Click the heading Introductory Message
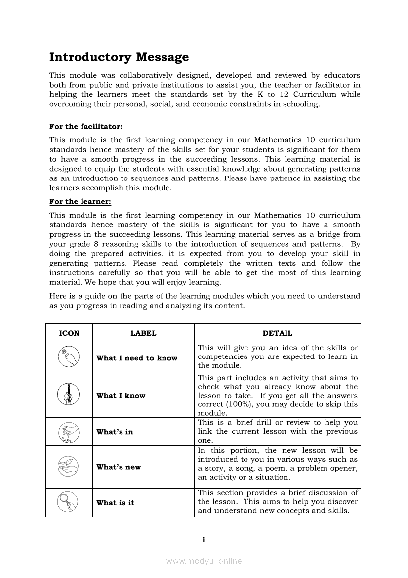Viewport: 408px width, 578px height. pyautogui.click(x=119, y=57)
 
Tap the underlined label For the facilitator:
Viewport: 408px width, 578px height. pyautogui.click(x=86, y=126)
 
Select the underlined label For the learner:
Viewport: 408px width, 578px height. pyautogui.click(x=81, y=201)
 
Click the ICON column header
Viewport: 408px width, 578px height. pyautogui.click(x=69, y=333)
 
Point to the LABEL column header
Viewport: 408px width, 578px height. pyautogui.click(x=143, y=333)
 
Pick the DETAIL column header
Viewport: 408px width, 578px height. pyautogui.click(x=277, y=333)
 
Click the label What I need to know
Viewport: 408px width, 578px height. pyautogui.click(x=137, y=358)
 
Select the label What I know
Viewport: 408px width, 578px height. pyautogui.click(x=121, y=396)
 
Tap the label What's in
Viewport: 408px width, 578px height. pyautogui.click(x=115, y=432)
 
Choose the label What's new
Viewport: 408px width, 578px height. pyautogui.click(x=119, y=467)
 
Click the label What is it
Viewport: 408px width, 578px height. pyautogui.click(x=115, y=503)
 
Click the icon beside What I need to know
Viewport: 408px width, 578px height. pyautogui.click(x=69, y=357)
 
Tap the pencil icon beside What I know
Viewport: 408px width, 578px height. pyautogui.click(x=69, y=395)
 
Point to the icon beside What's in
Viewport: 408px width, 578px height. pyautogui.click(x=69, y=432)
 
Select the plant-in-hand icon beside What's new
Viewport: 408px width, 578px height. pyautogui.click(x=69, y=467)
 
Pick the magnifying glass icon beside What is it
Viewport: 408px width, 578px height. pyautogui.click(x=69, y=503)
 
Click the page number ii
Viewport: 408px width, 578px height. pyautogui.click(x=204, y=540)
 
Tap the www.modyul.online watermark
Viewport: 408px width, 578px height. pyautogui.click(x=204, y=561)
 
